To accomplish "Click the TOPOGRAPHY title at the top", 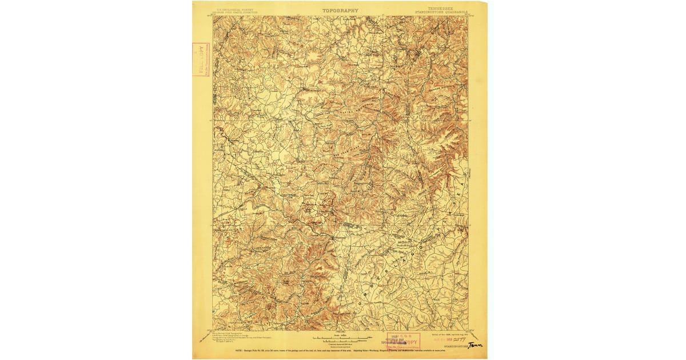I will (x=340, y=10).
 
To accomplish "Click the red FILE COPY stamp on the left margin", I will (x=201, y=59).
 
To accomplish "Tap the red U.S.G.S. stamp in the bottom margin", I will (x=403, y=341).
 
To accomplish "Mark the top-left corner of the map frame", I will (x=213, y=16).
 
